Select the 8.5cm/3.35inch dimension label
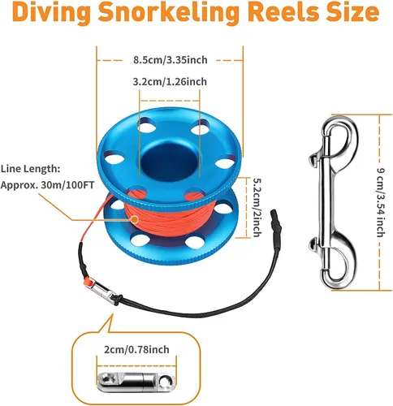click(169, 58)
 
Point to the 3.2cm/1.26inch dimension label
click(169, 81)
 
